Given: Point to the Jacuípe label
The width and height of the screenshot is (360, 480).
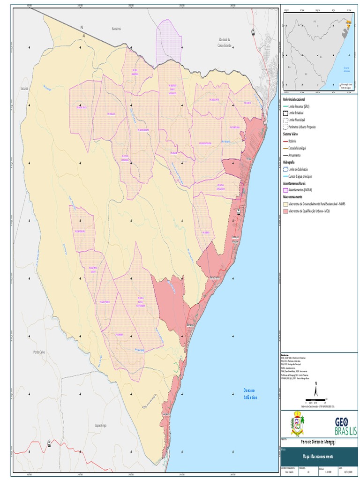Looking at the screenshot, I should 25,88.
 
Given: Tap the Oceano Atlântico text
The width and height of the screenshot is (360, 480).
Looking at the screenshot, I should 250,394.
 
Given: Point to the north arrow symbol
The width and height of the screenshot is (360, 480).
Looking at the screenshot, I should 316,390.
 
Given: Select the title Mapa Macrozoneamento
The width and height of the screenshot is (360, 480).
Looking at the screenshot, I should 318,456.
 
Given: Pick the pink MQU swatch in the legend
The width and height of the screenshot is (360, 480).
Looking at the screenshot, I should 285,211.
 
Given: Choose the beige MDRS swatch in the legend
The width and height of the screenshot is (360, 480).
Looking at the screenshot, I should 285,204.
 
